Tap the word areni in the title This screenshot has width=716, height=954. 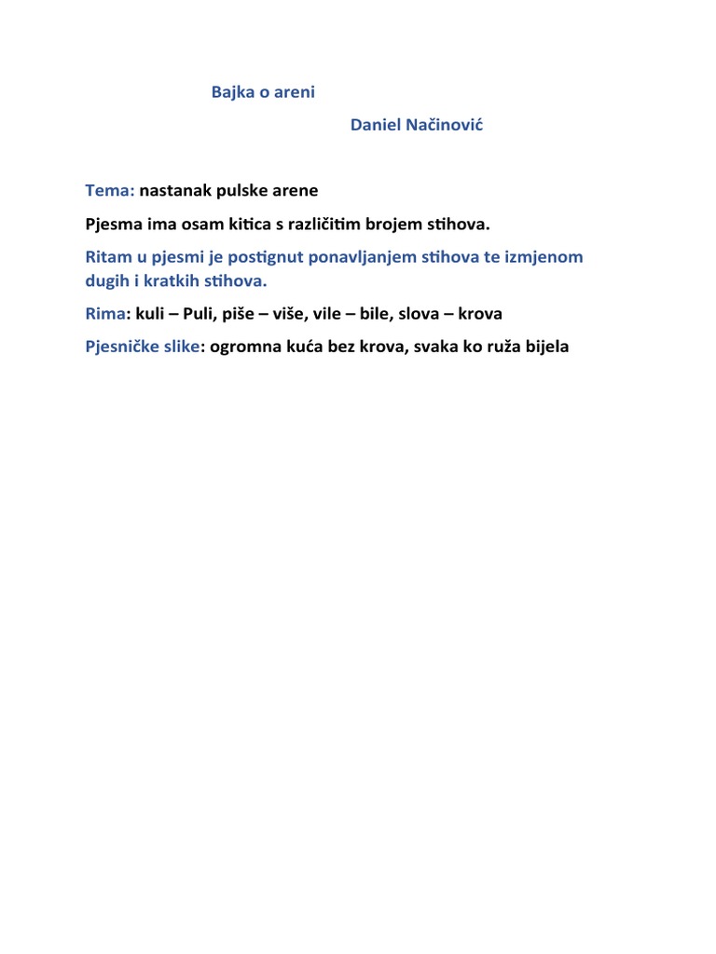coord(294,93)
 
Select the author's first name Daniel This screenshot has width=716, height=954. coord(375,126)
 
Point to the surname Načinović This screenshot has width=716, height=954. coord(444,126)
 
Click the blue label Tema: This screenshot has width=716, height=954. coord(110,191)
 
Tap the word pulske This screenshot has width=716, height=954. coord(242,191)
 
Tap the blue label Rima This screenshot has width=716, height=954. coord(104,314)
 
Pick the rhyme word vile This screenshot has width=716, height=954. coord(330,314)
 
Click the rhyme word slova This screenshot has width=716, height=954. coord(419,314)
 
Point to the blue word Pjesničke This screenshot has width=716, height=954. coord(121,348)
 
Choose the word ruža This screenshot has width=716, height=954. coord(494,348)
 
